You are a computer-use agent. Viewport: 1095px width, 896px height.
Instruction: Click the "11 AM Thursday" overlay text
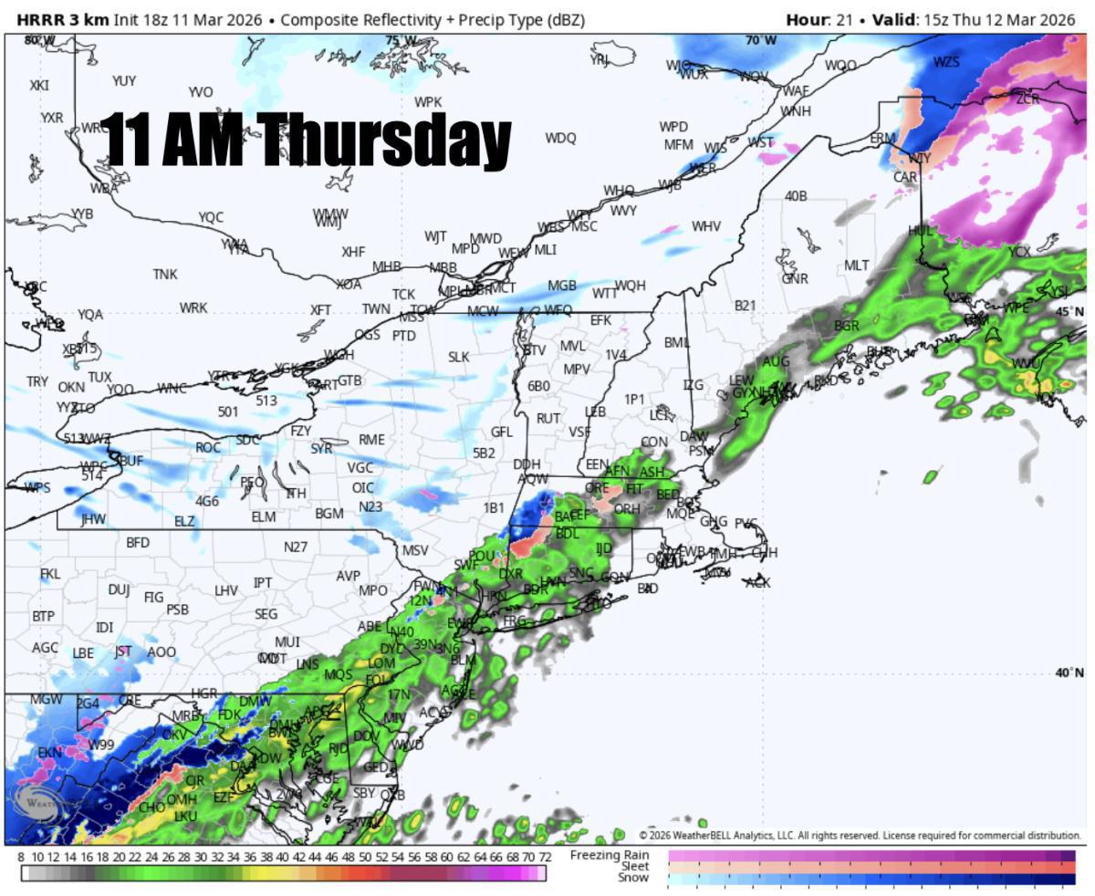(306, 140)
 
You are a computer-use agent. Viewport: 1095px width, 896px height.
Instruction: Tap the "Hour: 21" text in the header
(819, 19)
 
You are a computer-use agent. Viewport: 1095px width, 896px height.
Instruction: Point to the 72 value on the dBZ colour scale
(544, 858)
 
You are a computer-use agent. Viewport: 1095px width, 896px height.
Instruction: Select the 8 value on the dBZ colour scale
(21, 858)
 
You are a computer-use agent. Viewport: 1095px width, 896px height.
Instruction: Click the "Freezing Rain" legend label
(610, 855)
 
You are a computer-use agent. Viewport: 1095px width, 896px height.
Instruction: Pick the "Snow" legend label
(632, 878)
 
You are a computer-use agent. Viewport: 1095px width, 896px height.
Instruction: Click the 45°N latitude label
(1070, 312)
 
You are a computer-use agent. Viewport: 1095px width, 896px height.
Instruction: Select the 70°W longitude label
(761, 40)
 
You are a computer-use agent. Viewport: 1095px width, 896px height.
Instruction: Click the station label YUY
(124, 81)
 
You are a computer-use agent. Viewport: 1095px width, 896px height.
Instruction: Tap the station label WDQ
(560, 138)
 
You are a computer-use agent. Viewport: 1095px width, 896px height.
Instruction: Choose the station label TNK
(165, 275)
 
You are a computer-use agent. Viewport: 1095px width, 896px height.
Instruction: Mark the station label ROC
(208, 448)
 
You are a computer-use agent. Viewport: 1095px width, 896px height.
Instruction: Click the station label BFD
(138, 543)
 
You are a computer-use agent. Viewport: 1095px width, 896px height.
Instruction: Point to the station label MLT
(856, 266)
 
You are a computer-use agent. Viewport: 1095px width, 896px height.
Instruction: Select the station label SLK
(458, 357)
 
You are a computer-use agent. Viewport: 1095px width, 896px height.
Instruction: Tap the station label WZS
(946, 62)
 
